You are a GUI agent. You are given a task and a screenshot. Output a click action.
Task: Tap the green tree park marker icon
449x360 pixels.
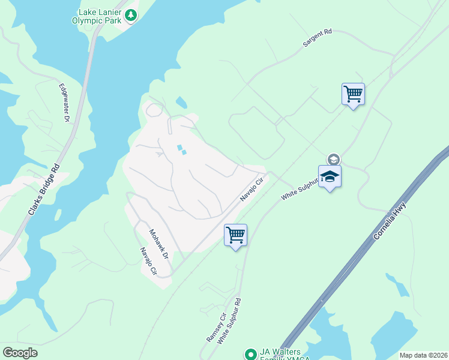pyautogui.click(x=130, y=16)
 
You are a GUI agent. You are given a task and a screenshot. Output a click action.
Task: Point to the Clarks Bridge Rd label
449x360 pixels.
pyautogui.click(x=45, y=191)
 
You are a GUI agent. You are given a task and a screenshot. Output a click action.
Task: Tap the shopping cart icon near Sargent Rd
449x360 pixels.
pyautogui.click(x=353, y=94)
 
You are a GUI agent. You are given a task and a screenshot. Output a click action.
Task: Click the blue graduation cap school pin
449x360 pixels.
pyautogui.click(x=330, y=177)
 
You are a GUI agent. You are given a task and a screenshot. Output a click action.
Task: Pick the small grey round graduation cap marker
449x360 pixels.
pyautogui.click(x=333, y=159)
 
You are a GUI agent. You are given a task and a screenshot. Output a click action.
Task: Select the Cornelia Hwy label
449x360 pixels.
pyautogui.click(x=390, y=221)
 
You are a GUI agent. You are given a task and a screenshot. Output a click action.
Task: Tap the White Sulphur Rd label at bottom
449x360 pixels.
pyautogui.click(x=229, y=321)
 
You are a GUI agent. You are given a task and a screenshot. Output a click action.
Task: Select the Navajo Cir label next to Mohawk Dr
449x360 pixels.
pyautogui.click(x=148, y=262)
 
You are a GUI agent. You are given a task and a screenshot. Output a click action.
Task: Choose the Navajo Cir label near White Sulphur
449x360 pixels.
pyautogui.click(x=252, y=188)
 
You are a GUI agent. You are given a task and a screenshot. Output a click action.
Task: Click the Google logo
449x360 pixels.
pyautogui.click(x=20, y=353)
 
